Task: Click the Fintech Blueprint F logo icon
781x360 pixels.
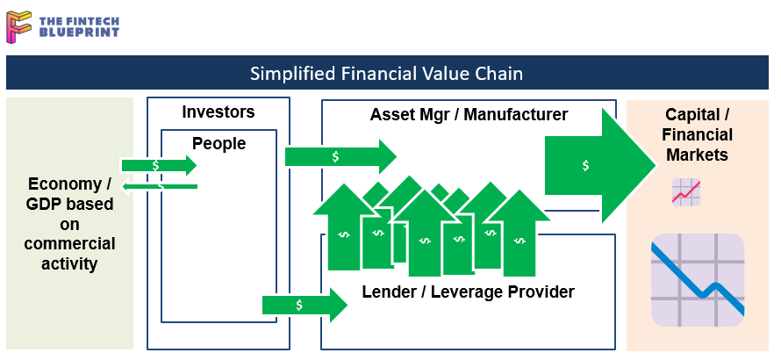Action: coord(20,25)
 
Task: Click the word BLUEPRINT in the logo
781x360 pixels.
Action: coord(80,32)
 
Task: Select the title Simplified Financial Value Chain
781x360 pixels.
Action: coord(386,73)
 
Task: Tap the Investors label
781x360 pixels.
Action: coord(218,112)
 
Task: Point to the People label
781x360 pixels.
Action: coord(219,143)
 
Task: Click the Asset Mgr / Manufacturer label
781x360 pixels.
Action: coord(469,114)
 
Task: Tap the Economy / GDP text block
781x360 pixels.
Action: coord(70,224)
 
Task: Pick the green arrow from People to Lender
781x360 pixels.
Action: coord(304,305)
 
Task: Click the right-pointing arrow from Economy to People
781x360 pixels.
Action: coord(159,165)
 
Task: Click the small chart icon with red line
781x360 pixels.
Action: coord(685,191)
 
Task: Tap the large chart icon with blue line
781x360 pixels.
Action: coord(698,280)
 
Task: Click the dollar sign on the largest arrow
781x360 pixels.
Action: coord(585,165)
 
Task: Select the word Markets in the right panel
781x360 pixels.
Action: coord(698,155)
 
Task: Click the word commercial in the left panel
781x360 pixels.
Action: coord(70,243)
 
